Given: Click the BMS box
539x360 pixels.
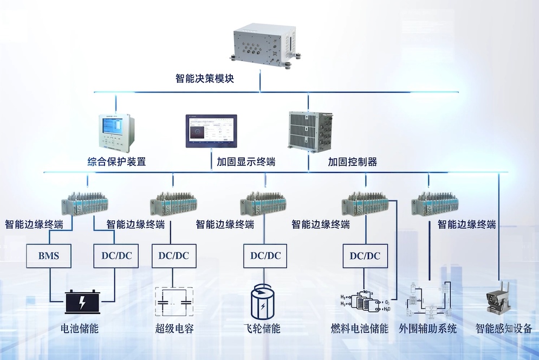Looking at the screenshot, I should [50, 255].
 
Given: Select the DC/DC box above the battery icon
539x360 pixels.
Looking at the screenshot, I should [116, 255].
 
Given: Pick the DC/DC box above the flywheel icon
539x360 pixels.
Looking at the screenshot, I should [265, 255].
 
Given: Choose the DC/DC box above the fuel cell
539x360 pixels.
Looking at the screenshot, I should [365, 255].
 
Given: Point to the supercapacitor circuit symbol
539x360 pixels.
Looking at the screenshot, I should [174, 301].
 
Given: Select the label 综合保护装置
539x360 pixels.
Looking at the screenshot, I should [116, 161].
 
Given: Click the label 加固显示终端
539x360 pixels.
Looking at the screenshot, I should [246, 162].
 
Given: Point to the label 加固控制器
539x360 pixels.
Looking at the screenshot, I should [352, 162].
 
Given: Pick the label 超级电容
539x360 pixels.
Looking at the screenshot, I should [174, 329].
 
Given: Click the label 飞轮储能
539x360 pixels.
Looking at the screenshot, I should [262, 329].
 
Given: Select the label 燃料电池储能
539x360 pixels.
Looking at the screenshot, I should [359, 329].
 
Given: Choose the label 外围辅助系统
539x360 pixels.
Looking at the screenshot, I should [427, 329].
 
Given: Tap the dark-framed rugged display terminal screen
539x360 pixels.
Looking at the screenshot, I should [211, 131].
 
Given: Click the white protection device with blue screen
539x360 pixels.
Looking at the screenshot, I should [115, 131].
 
